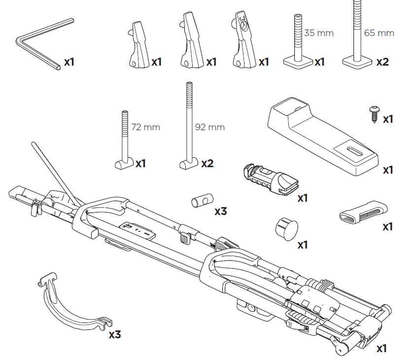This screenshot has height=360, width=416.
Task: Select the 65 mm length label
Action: [x=379, y=33]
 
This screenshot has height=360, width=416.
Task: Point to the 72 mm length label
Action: [x=146, y=127]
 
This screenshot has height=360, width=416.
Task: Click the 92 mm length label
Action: [x=209, y=127]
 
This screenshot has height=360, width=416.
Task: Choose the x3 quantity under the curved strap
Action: [x=114, y=334]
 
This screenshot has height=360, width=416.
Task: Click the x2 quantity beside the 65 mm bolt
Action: [x=382, y=62]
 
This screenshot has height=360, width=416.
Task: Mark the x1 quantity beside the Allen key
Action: [x=69, y=63]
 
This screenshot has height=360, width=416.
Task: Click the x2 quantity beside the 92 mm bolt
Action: [x=207, y=163]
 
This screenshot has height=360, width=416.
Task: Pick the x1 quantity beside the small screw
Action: [x=388, y=119]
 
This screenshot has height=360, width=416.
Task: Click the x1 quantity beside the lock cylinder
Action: [x=302, y=198]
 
